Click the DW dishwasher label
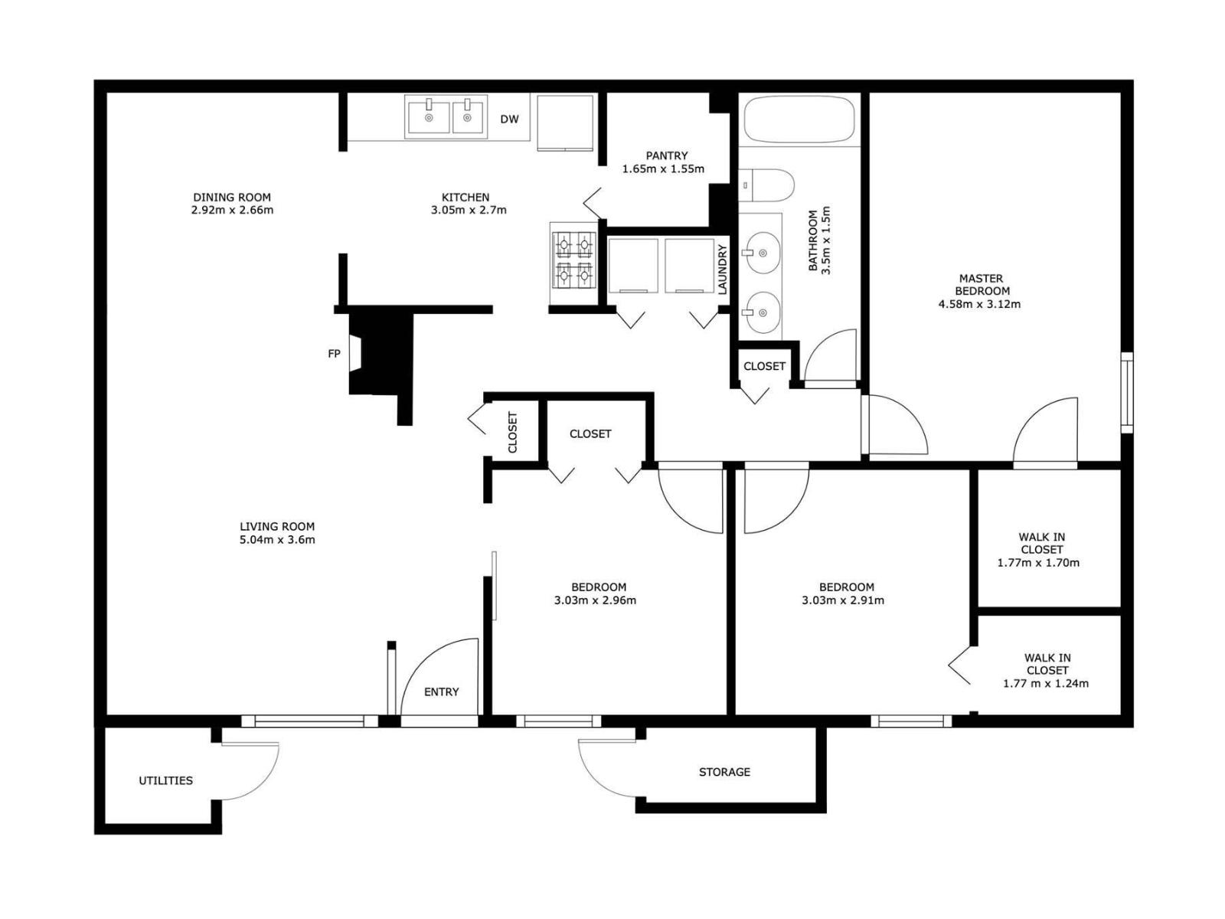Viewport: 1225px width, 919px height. tap(509, 119)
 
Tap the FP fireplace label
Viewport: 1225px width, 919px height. tap(334, 354)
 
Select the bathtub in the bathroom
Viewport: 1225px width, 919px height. tap(799, 119)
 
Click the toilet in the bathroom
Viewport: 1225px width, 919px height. tap(767, 185)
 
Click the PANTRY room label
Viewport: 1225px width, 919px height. tap(666, 155)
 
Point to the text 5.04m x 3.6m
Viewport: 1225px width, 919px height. tap(277, 539)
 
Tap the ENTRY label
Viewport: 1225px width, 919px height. tap(441, 692)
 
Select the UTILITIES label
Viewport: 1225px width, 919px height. tap(165, 780)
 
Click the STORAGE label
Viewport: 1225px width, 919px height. tap(724, 772)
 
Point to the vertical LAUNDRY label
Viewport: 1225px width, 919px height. tap(722, 270)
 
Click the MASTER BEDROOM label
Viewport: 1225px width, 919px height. tap(981, 285)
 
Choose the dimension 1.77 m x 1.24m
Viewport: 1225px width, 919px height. tap(1046, 683)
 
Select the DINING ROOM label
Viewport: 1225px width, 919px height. tap(232, 197)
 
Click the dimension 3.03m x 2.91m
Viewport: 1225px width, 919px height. tap(843, 600)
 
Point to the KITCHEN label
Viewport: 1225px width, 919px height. tap(465, 197)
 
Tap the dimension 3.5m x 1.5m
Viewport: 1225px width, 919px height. tap(825, 240)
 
